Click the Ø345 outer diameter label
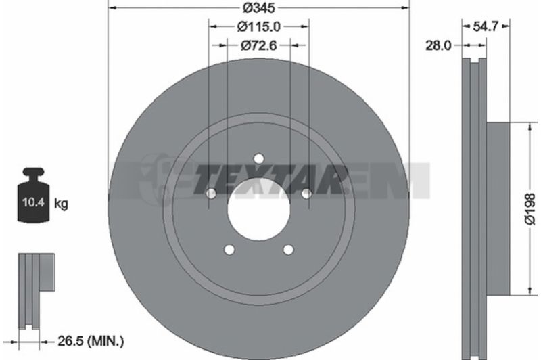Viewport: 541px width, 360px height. click(258, 7)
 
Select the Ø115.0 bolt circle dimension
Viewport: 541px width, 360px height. click(259, 26)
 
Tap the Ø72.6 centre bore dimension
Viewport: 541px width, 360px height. click(259, 45)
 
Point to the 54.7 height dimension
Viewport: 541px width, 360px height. click(486, 26)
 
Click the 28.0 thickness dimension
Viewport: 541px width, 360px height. click(438, 45)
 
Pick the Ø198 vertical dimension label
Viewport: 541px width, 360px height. click(530, 209)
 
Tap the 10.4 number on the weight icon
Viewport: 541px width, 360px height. click(33, 202)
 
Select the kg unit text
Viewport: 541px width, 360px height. click(61, 204)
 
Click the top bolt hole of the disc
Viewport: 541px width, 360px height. click(258, 159)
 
